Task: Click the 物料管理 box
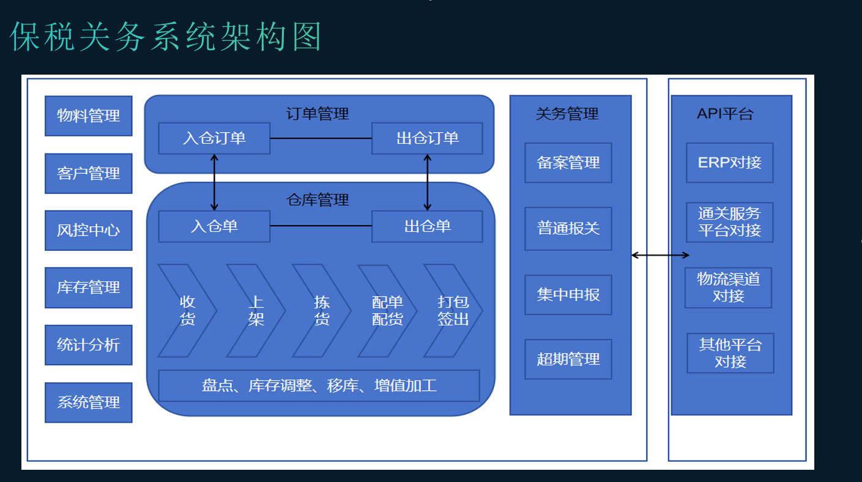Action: coord(89,116)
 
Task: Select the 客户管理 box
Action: coord(89,173)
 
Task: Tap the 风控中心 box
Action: coord(89,231)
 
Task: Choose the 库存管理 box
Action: coord(89,287)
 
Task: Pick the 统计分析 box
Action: coord(89,345)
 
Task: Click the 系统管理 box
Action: coord(89,402)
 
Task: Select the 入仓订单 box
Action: coord(214,138)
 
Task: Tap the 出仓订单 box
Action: coord(427,138)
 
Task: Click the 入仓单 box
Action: coord(214,226)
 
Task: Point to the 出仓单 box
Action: coord(427,226)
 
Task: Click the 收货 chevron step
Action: coord(187,311)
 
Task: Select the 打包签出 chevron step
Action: coord(453,311)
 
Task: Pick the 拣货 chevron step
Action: coord(321,311)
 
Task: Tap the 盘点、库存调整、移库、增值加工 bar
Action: coord(319,386)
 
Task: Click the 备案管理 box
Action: coord(568,163)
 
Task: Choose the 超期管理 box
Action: coord(568,359)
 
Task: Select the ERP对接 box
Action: coord(730,163)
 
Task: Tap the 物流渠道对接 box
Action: coord(729,287)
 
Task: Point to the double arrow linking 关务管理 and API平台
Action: coord(660,255)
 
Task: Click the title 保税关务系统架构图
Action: coord(166,37)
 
